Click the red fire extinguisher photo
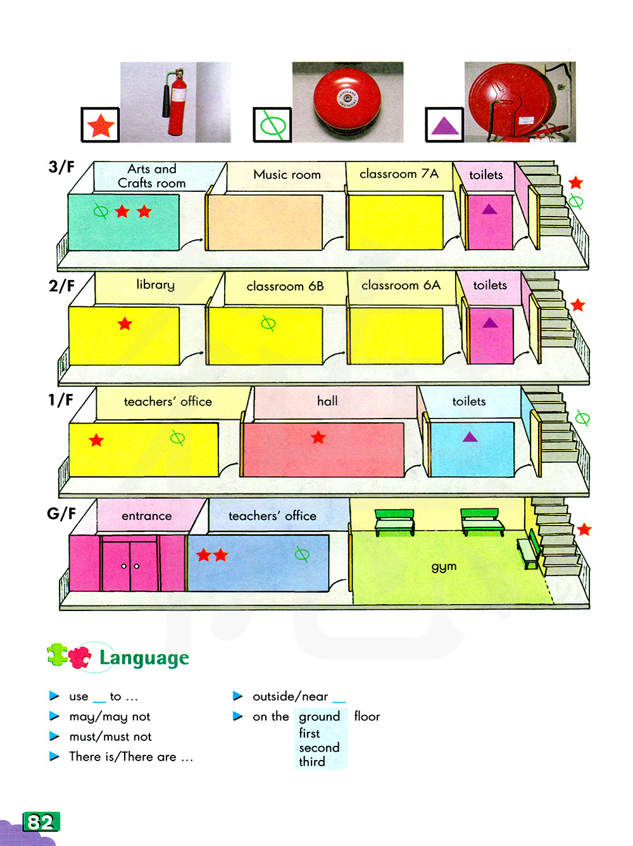(176, 102)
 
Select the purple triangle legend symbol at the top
(444, 125)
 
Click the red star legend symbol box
(101, 125)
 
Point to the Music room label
(287, 175)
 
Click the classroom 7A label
(399, 174)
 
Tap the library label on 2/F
(155, 285)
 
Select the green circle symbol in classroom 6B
(268, 324)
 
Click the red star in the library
(125, 324)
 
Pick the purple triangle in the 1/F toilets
(470, 436)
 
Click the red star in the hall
(318, 437)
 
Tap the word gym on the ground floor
(444, 566)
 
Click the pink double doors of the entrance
(130, 565)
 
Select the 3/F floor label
(61, 167)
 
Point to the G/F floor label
(61, 514)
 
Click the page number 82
(41, 822)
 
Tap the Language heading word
(144, 658)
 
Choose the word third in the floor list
(312, 762)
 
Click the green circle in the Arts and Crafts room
(101, 211)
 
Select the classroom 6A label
(401, 286)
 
